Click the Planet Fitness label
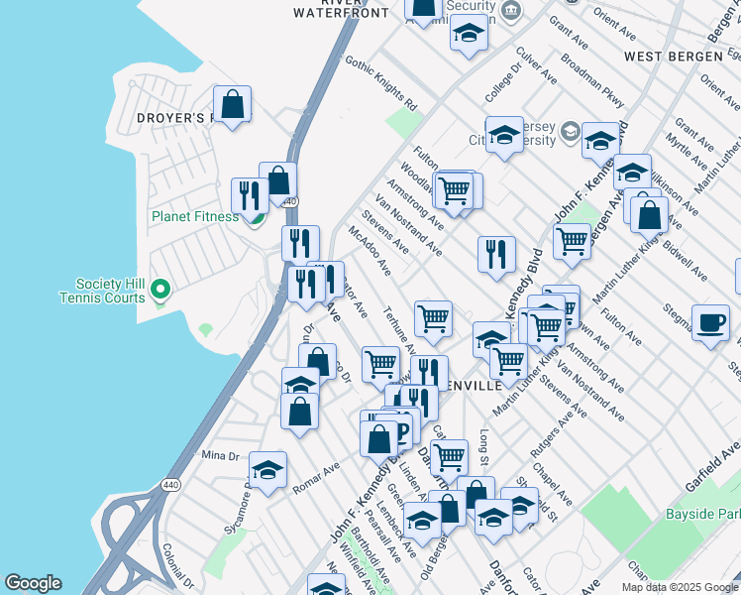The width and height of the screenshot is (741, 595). pyautogui.click(x=194, y=216)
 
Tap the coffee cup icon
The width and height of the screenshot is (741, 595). pyautogui.click(x=710, y=322)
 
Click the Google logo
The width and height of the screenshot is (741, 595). pyautogui.click(x=33, y=583)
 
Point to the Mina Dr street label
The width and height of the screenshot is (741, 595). pyautogui.click(x=220, y=455)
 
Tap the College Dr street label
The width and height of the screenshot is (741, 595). pyautogui.click(x=502, y=83)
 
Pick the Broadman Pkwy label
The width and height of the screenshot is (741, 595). pyautogui.click(x=592, y=87)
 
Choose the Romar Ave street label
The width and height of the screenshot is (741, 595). pyautogui.click(x=316, y=478)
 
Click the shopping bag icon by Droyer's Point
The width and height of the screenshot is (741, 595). pyautogui.click(x=232, y=103)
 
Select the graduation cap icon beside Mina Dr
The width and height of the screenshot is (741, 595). pyautogui.click(x=266, y=470)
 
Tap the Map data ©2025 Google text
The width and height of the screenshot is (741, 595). pyautogui.click(x=680, y=587)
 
